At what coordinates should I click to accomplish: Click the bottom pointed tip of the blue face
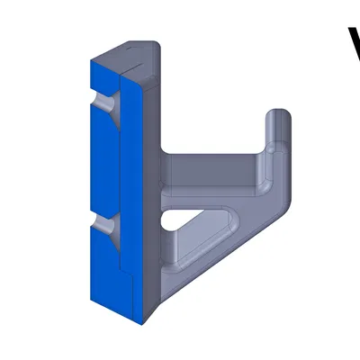click(x=143, y=319)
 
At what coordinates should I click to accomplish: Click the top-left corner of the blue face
click(x=89, y=60)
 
